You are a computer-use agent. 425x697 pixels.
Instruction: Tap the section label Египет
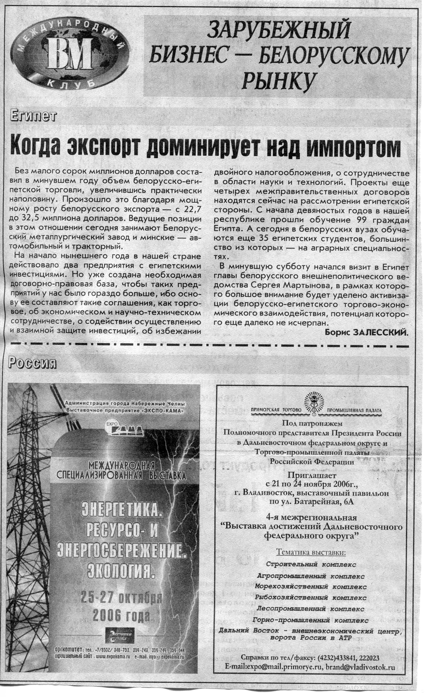33,116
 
